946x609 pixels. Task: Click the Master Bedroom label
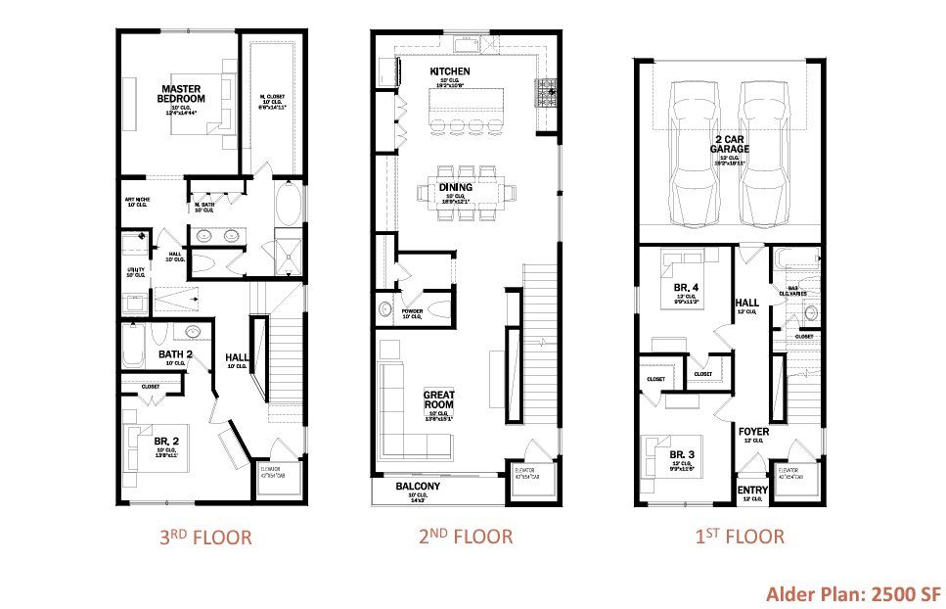(x=182, y=93)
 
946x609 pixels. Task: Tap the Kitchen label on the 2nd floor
(x=450, y=71)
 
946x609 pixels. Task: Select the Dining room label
(x=456, y=187)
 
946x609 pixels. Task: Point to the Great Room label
(x=439, y=400)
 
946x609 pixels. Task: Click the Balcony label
(x=418, y=487)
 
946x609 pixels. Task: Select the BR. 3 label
(x=683, y=455)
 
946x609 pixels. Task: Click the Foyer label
(x=753, y=432)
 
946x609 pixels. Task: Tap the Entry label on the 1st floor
(x=752, y=491)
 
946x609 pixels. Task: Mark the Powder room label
(x=411, y=311)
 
